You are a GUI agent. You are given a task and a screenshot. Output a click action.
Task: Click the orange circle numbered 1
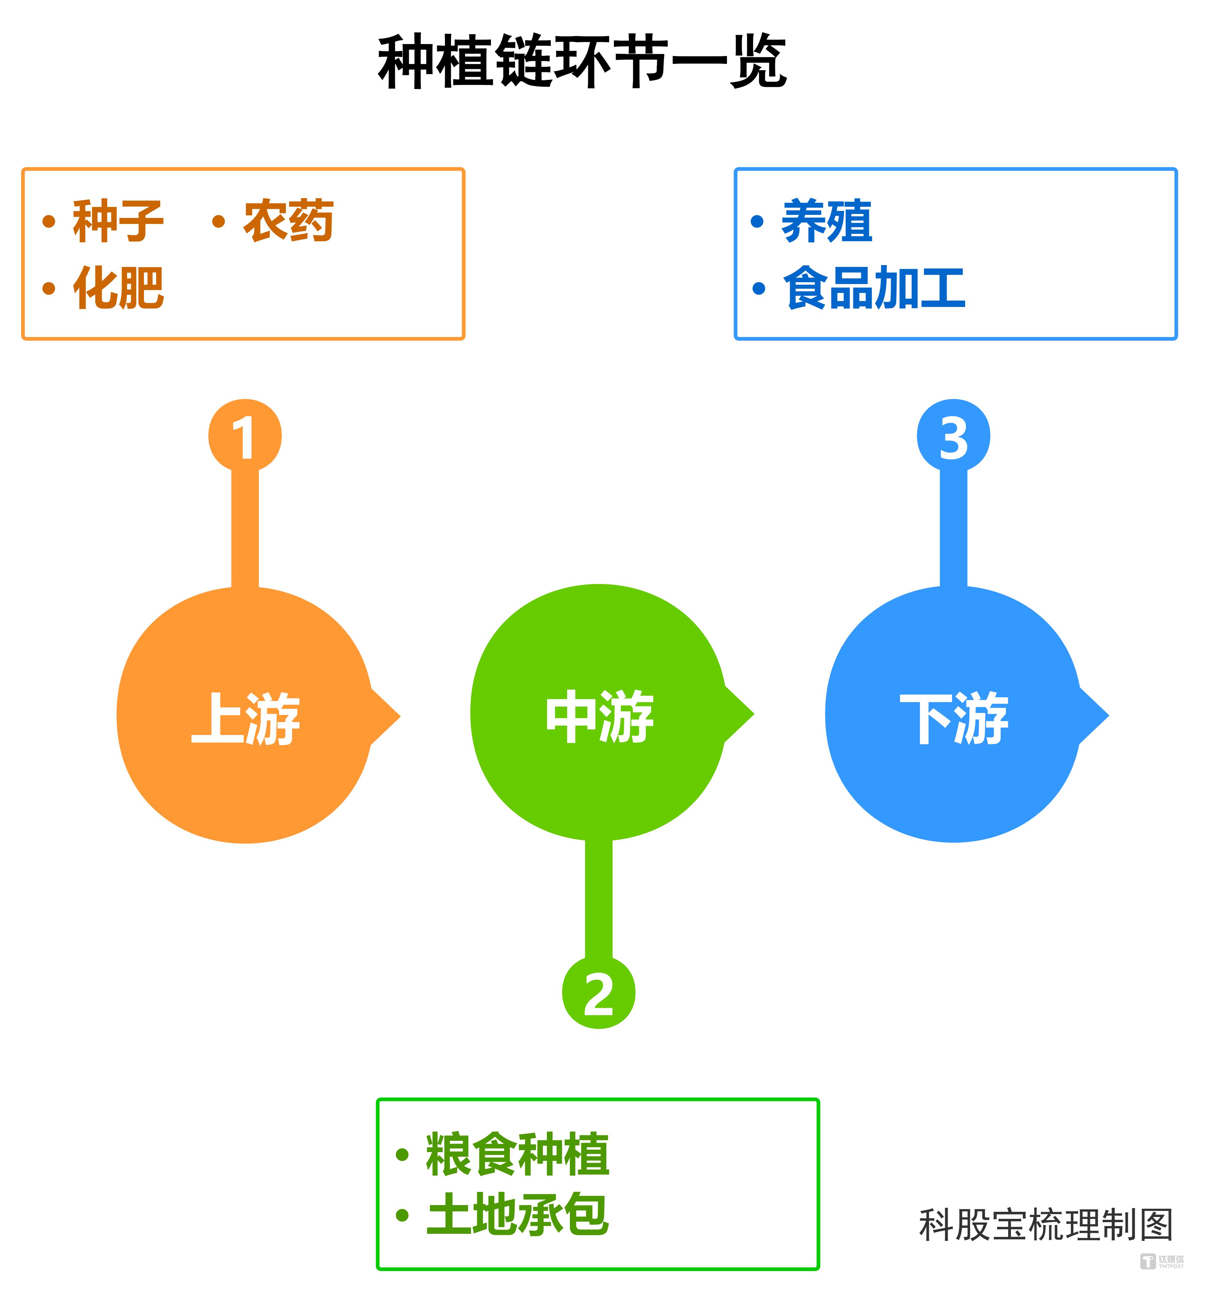[245, 436]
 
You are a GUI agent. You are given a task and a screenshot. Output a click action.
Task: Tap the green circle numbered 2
[598, 992]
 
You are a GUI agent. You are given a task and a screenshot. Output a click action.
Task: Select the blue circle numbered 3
[953, 436]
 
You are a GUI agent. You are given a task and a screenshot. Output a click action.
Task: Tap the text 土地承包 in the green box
[518, 1214]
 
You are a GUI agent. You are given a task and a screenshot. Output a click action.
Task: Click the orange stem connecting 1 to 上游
[245, 528]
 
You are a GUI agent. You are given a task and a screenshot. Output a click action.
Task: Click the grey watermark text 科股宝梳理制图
[1045, 1225]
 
